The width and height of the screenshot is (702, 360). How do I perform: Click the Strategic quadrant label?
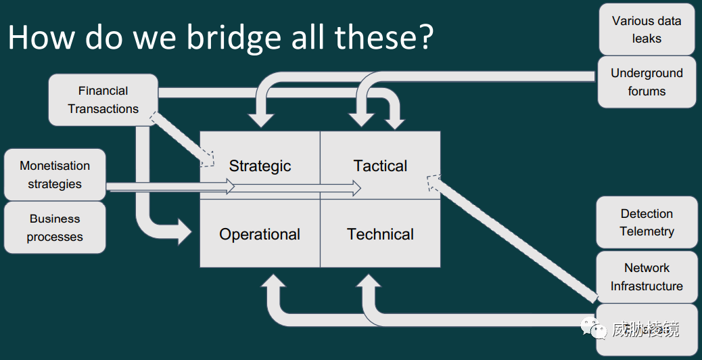tap(260, 166)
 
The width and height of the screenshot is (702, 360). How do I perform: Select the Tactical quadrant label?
tap(381, 166)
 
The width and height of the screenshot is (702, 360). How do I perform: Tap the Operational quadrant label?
tap(260, 234)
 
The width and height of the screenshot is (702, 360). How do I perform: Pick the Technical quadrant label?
tap(381, 234)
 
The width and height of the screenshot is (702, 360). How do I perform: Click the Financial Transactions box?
tap(103, 100)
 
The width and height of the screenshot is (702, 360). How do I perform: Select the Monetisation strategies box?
tap(55, 175)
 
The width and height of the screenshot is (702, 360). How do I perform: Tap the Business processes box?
tap(55, 227)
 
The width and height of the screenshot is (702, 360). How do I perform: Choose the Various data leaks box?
tap(647, 30)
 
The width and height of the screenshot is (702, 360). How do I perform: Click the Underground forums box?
tap(647, 82)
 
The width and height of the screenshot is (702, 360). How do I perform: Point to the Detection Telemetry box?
tap(647, 222)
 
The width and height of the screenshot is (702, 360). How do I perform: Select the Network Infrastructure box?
tap(647, 277)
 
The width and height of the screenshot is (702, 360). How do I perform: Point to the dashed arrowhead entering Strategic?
tap(207, 159)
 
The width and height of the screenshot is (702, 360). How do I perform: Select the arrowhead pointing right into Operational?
tap(185, 231)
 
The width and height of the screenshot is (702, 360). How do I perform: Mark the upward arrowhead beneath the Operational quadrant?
tap(273, 282)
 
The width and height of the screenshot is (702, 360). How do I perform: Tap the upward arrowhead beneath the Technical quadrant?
tap(369, 282)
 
